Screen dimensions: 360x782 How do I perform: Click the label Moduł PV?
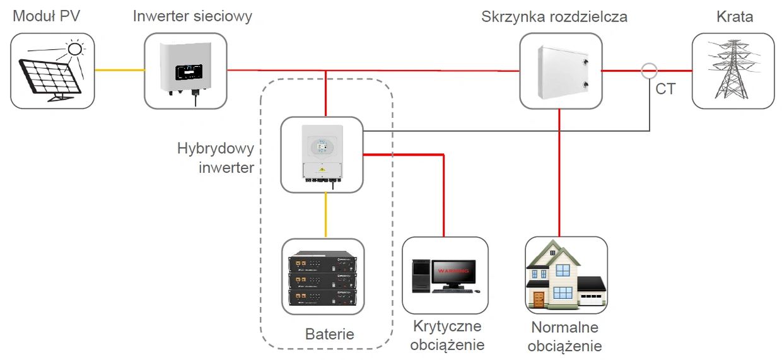point(45,16)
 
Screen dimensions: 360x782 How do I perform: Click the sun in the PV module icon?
point(75,49)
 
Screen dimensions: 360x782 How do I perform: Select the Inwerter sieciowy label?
point(192,16)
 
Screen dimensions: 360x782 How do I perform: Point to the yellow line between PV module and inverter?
point(119,70)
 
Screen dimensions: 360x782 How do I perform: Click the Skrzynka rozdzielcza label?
point(554,16)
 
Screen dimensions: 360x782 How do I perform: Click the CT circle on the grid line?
point(649,71)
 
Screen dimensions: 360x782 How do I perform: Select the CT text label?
point(665,90)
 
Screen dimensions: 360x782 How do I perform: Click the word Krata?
point(735,16)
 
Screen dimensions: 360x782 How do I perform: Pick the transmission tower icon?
point(733,71)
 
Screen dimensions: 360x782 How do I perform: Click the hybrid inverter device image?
point(322,154)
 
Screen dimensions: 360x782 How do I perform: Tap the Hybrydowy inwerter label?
point(216,158)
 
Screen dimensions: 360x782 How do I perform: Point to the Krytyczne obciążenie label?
point(447,335)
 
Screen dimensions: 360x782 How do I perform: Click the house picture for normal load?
point(566,276)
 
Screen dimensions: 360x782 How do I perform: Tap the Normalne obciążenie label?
point(565,337)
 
